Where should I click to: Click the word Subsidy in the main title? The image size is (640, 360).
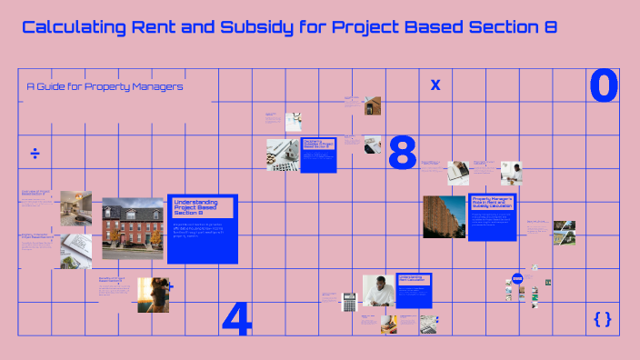tap(257, 27)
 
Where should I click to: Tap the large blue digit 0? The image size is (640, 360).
tap(604, 86)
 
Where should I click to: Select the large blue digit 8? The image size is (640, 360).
tap(402, 153)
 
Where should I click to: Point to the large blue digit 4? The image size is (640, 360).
tap(236, 318)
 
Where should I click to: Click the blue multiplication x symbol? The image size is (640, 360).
tap(435, 85)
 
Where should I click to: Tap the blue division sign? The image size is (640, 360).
tap(35, 153)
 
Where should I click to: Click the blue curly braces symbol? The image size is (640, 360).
tap(602, 318)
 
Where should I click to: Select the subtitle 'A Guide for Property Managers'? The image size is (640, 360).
tap(105, 86)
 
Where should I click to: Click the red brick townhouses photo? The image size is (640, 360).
tap(133, 228)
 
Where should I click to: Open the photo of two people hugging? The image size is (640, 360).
tap(153, 295)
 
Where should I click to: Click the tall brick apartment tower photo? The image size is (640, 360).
tap(444, 217)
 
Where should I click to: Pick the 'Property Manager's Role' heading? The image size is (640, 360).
tap(492, 203)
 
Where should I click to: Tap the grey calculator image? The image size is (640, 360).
tap(348, 301)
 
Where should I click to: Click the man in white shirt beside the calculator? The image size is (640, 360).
tap(378, 291)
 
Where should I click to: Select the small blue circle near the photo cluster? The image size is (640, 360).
tap(517, 279)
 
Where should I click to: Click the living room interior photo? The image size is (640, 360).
tap(76, 207)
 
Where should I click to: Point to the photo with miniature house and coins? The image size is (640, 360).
tap(283, 155)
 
